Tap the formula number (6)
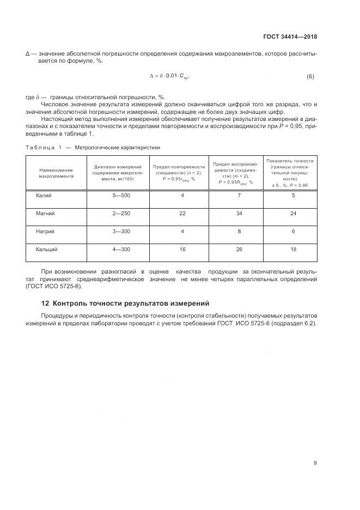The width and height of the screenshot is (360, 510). [310, 77]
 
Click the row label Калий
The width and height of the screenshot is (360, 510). [44, 195]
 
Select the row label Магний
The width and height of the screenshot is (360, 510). [45, 213]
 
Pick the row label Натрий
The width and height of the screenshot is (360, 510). [46, 231]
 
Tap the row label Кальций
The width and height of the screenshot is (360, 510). [47, 249]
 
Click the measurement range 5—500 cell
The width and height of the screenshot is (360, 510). [121, 195]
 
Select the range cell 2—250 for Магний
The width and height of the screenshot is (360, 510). [121, 213]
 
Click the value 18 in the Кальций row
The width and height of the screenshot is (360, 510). [293, 249]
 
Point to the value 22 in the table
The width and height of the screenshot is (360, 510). [182, 213]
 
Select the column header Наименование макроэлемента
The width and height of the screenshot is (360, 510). [56, 173]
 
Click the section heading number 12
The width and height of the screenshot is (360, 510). [45, 303]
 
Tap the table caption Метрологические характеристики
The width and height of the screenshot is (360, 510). [117, 147]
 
